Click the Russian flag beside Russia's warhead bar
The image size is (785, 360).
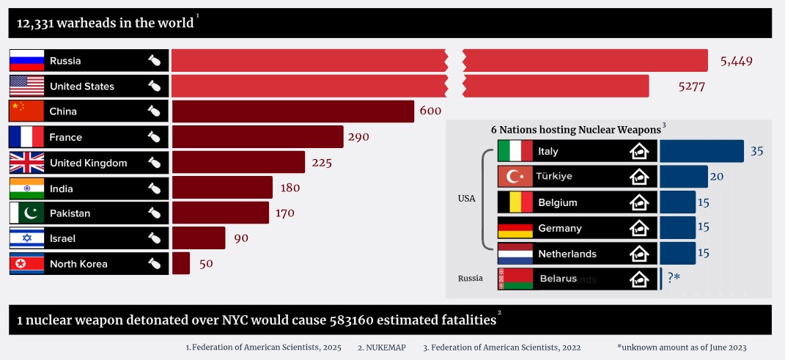pyautogui.click(x=27, y=60)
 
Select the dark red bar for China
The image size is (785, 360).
pyautogui.click(x=293, y=111)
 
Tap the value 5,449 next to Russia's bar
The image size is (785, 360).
pyautogui.click(x=736, y=61)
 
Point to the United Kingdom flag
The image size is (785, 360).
pyautogui.click(x=27, y=163)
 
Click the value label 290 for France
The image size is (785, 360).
pyautogui.click(x=358, y=137)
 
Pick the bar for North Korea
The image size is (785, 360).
pyautogui.click(x=181, y=263)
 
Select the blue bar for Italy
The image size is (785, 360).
pyautogui.click(x=701, y=151)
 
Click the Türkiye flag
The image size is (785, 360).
pyautogui.click(x=515, y=177)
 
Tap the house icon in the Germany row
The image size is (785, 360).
pyautogui.click(x=639, y=228)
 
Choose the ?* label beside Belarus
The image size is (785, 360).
pyautogui.click(x=674, y=278)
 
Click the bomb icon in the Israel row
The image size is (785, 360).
pyautogui.click(x=154, y=238)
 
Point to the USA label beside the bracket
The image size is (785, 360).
pyautogui.click(x=466, y=198)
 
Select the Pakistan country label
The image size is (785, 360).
pyautogui.click(x=70, y=213)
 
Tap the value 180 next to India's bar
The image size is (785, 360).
pyautogui.click(x=290, y=188)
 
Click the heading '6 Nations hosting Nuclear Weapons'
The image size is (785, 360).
pyautogui.click(x=575, y=130)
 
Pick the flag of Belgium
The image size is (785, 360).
pyautogui.click(x=515, y=202)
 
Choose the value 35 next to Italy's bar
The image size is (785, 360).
pyautogui.click(x=757, y=151)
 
